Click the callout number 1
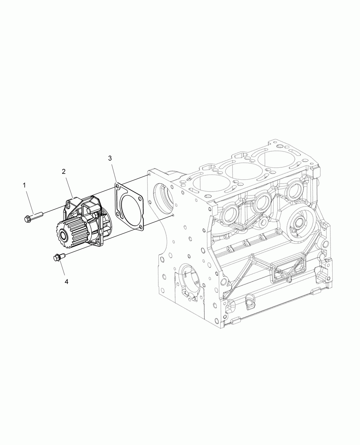(24, 185)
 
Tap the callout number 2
(64, 171)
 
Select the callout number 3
(110, 158)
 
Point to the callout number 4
(67, 282)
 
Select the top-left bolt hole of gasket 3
(118, 186)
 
